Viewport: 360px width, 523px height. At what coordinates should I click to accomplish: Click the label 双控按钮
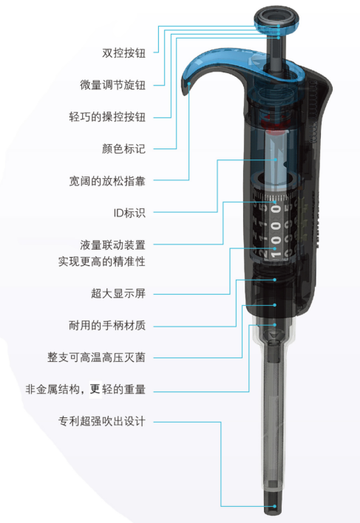(x=123, y=53)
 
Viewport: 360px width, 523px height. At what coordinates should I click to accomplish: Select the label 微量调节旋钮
(x=113, y=85)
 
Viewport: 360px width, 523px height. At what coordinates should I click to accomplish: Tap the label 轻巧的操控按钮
(x=107, y=117)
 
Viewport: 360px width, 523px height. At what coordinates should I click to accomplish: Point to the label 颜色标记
(x=123, y=148)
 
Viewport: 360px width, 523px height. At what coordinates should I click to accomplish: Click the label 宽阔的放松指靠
(x=107, y=181)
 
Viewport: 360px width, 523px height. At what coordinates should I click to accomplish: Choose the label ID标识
(x=129, y=213)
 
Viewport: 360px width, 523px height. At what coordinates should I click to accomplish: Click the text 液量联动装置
(x=113, y=245)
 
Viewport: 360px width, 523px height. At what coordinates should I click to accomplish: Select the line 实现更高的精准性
(x=102, y=261)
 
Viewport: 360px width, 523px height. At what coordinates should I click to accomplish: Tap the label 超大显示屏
(x=118, y=293)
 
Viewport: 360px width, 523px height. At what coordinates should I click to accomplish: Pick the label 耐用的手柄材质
(x=107, y=325)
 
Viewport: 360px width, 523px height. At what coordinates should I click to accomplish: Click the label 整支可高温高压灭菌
(x=96, y=358)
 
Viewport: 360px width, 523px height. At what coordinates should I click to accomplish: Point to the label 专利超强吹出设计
(x=102, y=421)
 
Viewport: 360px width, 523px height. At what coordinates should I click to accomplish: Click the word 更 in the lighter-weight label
(x=96, y=389)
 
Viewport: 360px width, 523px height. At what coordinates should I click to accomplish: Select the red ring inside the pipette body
(x=274, y=123)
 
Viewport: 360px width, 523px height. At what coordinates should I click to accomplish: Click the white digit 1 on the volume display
(x=276, y=255)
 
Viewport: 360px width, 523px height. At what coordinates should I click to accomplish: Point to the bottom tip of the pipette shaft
(x=274, y=513)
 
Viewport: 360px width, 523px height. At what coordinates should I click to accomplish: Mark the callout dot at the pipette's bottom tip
(x=274, y=506)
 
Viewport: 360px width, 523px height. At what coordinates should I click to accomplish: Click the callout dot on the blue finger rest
(x=189, y=83)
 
